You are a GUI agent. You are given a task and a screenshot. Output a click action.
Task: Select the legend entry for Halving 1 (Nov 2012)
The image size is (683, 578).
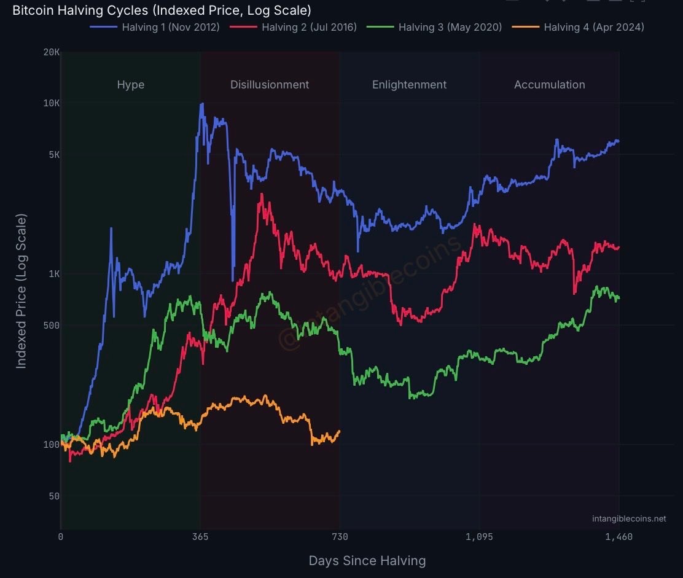pyautogui.click(x=155, y=27)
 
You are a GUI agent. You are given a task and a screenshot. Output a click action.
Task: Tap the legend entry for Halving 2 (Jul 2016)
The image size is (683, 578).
pyautogui.click(x=294, y=27)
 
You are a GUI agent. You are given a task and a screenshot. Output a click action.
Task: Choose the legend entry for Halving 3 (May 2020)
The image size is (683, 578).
pyautogui.click(x=434, y=27)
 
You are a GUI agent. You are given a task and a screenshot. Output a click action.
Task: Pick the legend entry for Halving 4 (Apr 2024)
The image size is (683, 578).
pyautogui.click(x=579, y=27)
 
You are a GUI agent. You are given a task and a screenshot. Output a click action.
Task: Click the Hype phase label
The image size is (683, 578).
pyautogui.click(x=131, y=85)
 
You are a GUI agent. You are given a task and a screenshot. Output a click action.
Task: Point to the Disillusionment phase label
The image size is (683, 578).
pyautogui.click(x=270, y=85)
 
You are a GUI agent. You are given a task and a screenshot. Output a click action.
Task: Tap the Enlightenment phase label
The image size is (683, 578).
pyautogui.click(x=409, y=85)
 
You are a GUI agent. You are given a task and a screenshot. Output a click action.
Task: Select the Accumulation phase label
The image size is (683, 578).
pyautogui.click(x=549, y=85)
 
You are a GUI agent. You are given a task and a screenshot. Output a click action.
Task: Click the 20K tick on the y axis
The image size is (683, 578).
pyautogui.click(x=52, y=53)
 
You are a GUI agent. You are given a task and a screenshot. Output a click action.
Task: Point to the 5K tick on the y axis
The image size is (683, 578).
pyautogui.click(x=53, y=155)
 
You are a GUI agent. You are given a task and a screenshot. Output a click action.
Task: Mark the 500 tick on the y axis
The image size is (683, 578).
pyautogui.click(x=52, y=326)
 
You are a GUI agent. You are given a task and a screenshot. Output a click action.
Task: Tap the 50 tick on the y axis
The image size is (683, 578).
pyautogui.click(x=54, y=496)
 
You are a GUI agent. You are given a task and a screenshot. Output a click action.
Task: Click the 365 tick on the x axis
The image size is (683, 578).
pyautogui.click(x=200, y=537)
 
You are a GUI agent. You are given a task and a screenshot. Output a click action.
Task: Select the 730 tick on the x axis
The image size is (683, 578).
pyautogui.click(x=340, y=537)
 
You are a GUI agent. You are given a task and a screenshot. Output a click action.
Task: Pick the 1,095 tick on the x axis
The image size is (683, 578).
pyautogui.click(x=479, y=537)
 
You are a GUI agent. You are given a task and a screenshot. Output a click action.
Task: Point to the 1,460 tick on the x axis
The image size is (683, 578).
pyautogui.click(x=619, y=537)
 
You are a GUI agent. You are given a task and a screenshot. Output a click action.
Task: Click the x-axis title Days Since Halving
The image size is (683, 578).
pyautogui.click(x=367, y=561)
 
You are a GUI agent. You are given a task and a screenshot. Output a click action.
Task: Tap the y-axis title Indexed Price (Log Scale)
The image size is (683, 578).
pyautogui.click(x=21, y=291)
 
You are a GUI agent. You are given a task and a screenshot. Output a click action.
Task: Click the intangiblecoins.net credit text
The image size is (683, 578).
pyautogui.click(x=629, y=519)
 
